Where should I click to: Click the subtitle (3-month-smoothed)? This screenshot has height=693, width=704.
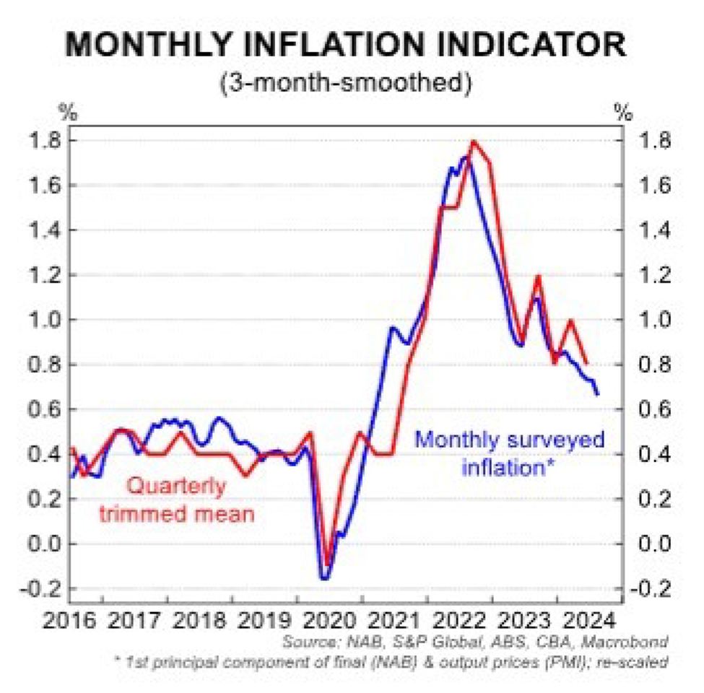click(x=352, y=82)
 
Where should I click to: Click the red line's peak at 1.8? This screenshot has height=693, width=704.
click(x=474, y=141)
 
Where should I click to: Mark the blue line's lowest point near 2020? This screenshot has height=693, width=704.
click(x=324, y=578)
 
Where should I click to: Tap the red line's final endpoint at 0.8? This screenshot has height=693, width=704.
click(x=587, y=364)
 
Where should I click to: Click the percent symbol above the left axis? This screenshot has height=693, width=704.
click(x=67, y=113)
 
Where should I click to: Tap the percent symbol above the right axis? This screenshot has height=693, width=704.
click(x=622, y=113)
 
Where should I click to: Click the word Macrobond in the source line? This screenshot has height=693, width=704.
click(x=632, y=642)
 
